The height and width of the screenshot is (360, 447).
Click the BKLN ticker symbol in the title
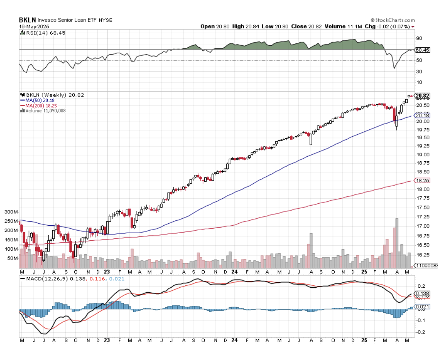[27, 20]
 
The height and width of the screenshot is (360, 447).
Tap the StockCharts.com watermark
[393, 20]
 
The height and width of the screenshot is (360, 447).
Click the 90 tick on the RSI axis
[419, 38]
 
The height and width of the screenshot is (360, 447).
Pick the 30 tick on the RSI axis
[419, 72]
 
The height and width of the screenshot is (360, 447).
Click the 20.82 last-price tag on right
[422, 96]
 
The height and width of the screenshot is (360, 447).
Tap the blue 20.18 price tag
[422, 116]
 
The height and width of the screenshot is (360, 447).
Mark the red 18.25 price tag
[422, 180]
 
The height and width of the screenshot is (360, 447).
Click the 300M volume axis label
[11, 212]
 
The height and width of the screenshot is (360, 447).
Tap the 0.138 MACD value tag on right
[422, 293]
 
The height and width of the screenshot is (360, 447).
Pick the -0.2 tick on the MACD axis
[420, 332]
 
